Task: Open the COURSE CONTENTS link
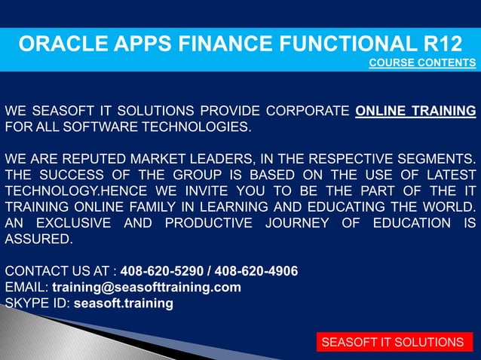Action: point(422,63)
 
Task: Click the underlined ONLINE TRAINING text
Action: point(415,112)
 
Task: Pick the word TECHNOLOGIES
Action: point(199,127)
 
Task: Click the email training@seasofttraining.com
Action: point(146,287)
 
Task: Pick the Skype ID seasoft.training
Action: point(123,304)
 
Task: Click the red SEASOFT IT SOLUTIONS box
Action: point(392,343)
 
